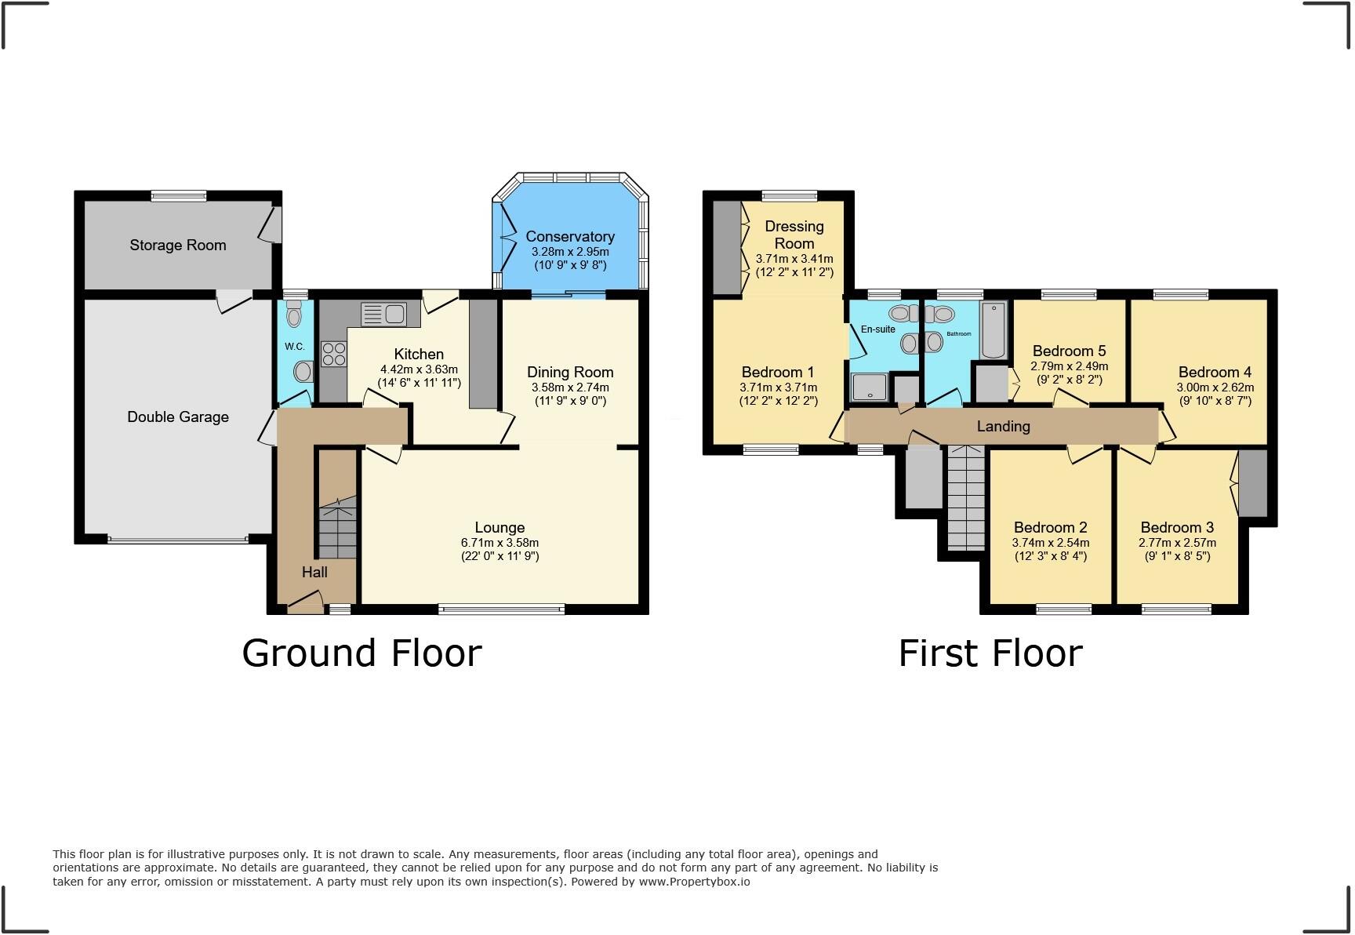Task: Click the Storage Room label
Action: click(x=178, y=246)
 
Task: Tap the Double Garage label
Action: click(x=178, y=417)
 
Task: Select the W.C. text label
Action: click(x=295, y=347)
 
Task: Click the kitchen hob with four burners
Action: click(x=333, y=354)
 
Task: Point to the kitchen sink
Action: click(x=383, y=315)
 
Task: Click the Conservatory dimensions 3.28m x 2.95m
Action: click(x=570, y=252)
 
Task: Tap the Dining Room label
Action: click(x=570, y=373)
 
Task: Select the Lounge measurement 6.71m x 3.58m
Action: click(x=499, y=543)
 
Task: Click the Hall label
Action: click(x=314, y=573)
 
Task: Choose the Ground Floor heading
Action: click(x=361, y=653)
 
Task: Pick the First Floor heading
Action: click(x=990, y=653)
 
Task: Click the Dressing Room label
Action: click(x=794, y=235)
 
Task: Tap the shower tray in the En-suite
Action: click(x=870, y=388)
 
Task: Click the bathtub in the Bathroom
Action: click(x=993, y=329)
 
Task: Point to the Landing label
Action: click(x=1004, y=427)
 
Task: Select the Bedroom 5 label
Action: click(x=1069, y=351)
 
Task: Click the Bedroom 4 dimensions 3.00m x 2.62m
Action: click(x=1215, y=387)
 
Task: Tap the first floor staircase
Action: click(x=966, y=497)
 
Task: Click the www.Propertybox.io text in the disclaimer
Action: click(x=694, y=882)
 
